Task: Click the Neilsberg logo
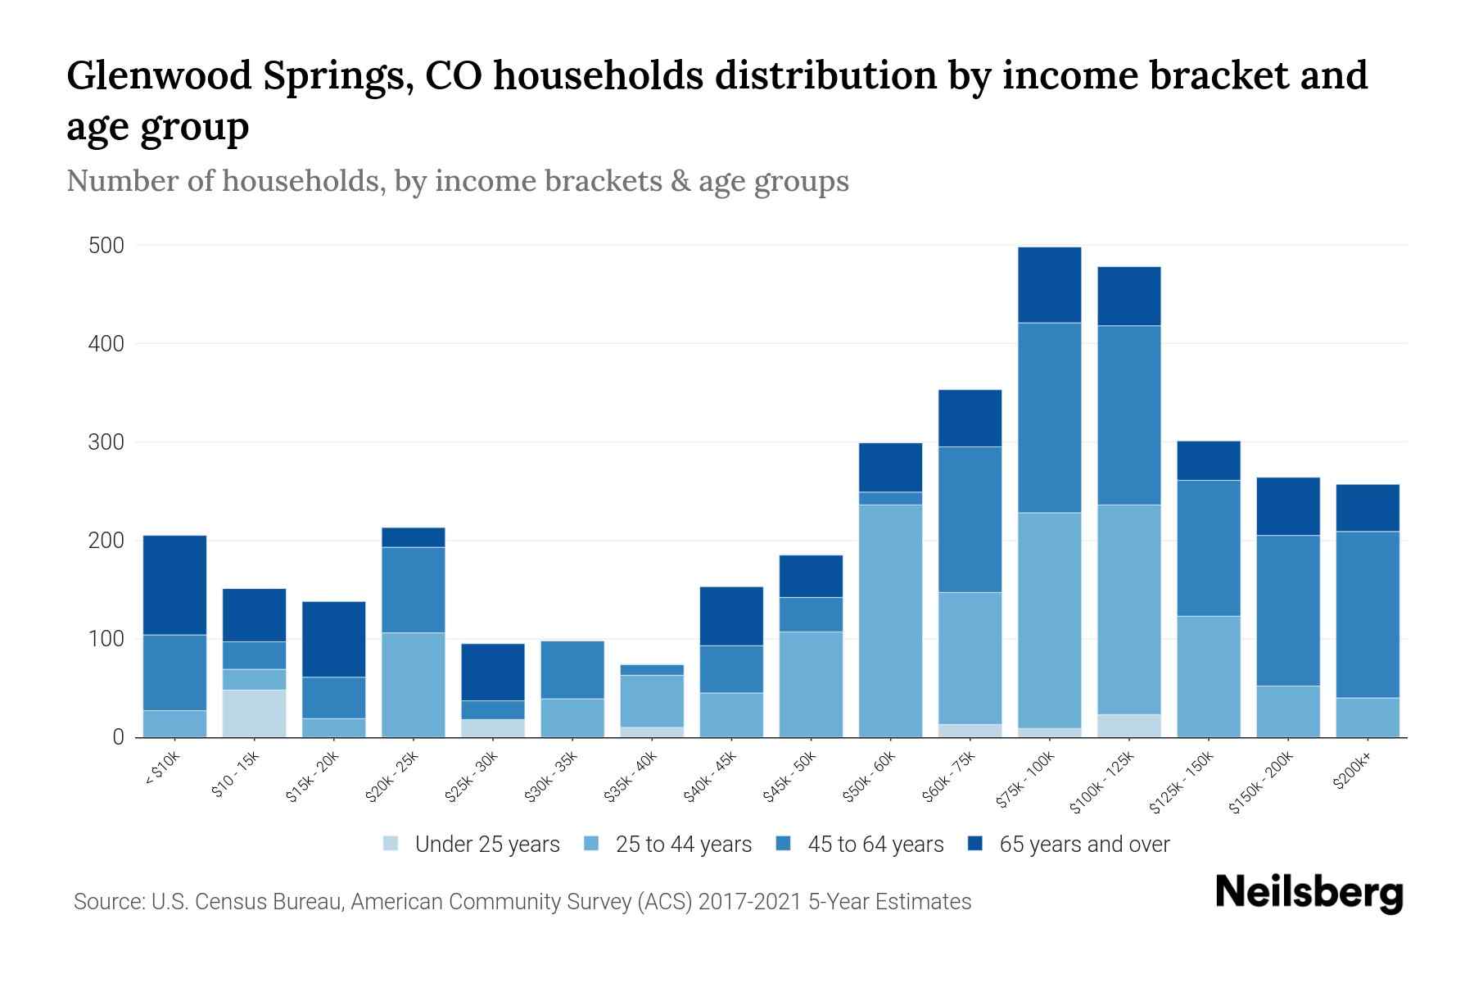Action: (1309, 894)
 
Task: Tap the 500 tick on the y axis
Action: (106, 246)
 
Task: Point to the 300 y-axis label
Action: (106, 442)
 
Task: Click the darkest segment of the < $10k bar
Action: (174, 585)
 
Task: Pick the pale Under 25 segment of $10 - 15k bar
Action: (254, 713)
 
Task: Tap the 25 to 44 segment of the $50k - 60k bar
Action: (890, 621)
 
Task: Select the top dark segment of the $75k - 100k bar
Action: (1049, 284)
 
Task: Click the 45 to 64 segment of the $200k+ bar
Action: (1368, 614)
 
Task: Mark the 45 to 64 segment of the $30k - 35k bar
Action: (572, 669)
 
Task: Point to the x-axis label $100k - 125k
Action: (1102, 782)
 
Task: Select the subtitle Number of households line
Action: (457, 181)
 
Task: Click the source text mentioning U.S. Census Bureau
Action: (522, 902)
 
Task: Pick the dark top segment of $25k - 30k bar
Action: (493, 672)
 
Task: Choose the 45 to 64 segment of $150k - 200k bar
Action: (1288, 610)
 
